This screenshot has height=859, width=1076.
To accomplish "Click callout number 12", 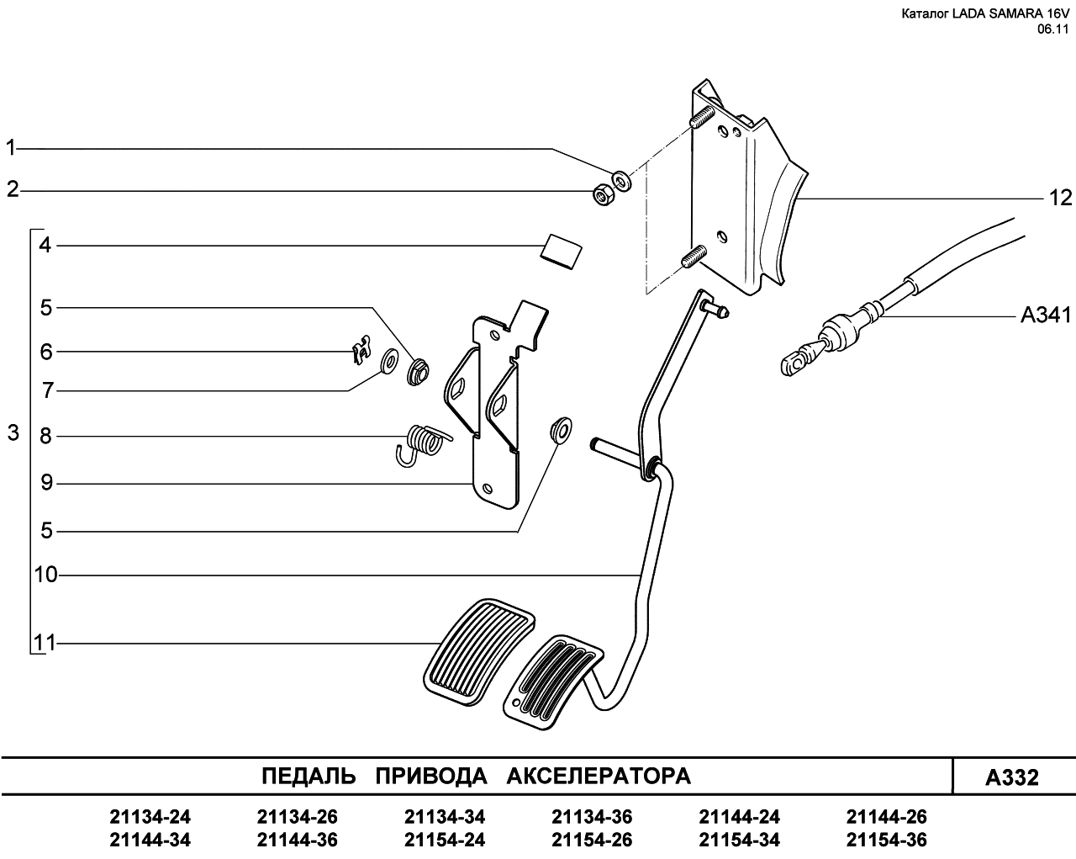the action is (1060, 199).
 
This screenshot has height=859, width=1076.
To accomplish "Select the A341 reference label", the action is (1046, 315).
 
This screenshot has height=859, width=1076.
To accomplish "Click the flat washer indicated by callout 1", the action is (621, 180).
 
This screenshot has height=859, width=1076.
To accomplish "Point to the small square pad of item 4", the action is (562, 251).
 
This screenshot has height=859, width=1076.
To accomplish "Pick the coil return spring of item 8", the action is (423, 444).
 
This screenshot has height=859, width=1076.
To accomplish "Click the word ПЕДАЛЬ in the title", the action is (309, 777).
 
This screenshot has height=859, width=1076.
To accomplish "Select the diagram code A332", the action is (1012, 777).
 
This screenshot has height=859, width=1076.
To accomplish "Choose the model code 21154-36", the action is (887, 840).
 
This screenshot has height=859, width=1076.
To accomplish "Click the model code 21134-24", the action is (150, 817).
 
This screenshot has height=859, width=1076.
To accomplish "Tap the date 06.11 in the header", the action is (1052, 29).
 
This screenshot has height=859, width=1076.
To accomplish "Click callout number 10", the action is (46, 575).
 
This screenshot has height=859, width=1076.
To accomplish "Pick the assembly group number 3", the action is (13, 433).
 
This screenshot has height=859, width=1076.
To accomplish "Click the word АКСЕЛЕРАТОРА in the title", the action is (599, 777).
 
